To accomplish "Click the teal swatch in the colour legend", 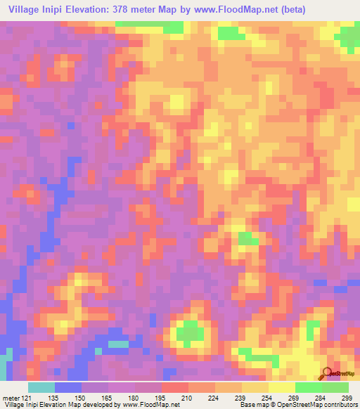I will [41, 387].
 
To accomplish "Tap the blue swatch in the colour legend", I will [67, 387].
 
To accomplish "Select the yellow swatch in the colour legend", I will [281, 387].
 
